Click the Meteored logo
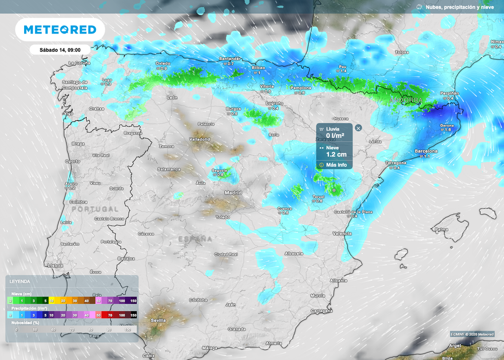[x=60, y=30]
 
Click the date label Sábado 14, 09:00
[x=60, y=49]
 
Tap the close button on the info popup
[x=358, y=128]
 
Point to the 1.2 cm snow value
[x=336, y=154]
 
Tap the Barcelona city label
[x=426, y=151]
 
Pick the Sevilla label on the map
[x=158, y=320]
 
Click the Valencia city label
[x=342, y=233]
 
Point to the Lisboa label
[x=56, y=265]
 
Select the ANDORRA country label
[x=406, y=100]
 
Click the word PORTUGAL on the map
[x=95, y=209]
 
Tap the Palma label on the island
[x=442, y=229]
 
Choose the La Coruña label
[x=79, y=63]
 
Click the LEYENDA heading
[x=20, y=282]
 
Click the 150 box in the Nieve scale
[x=133, y=300]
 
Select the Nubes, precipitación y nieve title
[x=459, y=7]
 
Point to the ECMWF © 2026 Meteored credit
[x=472, y=334]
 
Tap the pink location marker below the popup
[x=334, y=190]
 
